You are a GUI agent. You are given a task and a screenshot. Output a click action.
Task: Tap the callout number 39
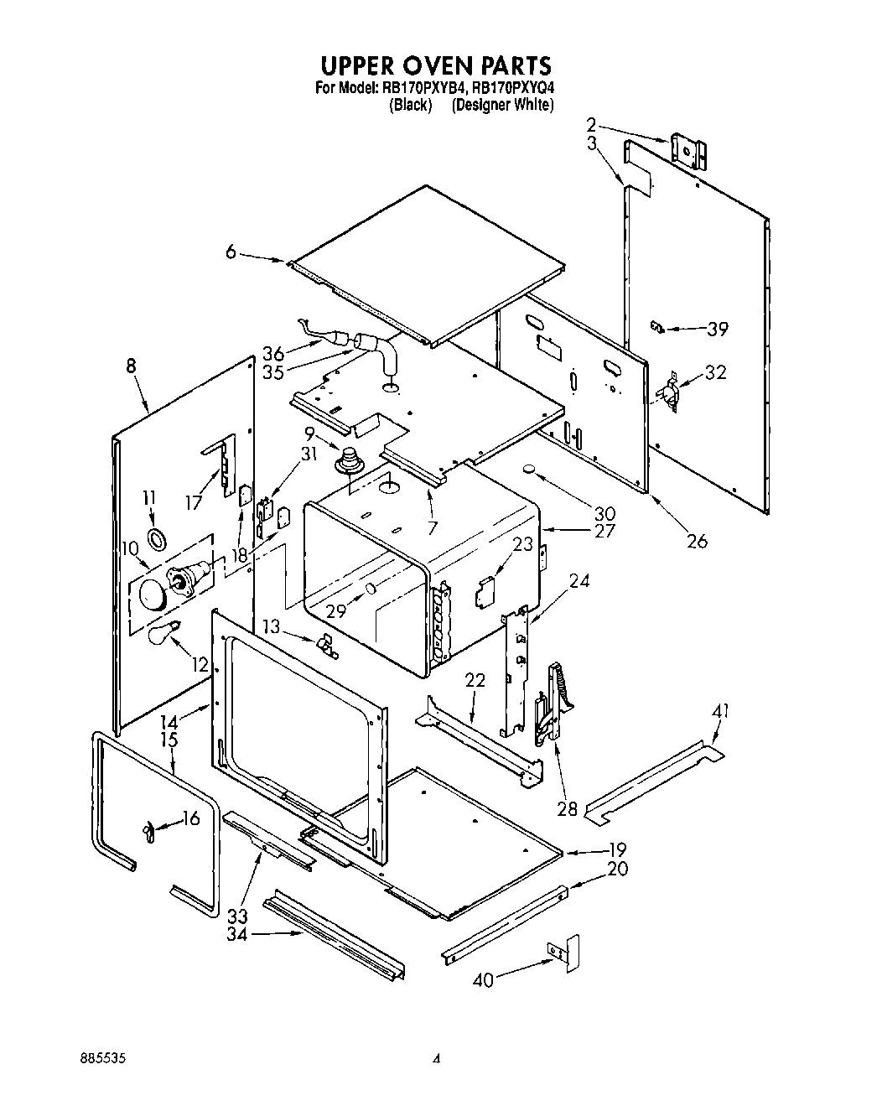[x=717, y=330]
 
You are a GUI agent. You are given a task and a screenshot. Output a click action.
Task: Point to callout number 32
[x=715, y=372]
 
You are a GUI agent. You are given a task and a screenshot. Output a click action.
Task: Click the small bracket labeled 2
[x=690, y=152]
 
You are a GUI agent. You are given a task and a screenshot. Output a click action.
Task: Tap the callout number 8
[x=131, y=366]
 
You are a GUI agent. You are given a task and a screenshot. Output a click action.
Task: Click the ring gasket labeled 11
[x=157, y=537]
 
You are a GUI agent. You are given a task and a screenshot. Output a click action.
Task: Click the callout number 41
[x=719, y=712]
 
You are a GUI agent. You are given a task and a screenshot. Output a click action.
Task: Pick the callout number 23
[x=522, y=543]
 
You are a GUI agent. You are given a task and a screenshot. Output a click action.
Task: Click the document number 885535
[x=102, y=1059]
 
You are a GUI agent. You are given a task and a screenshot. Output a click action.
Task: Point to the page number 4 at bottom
[x=437, y=1060]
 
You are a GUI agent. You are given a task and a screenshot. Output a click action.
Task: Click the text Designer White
[x=502, y=105]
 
